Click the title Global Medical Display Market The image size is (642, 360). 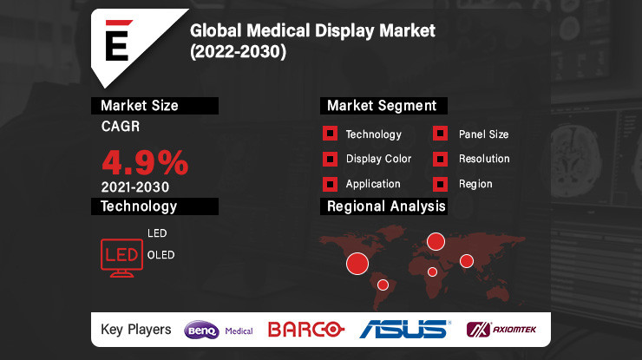coord(312,31)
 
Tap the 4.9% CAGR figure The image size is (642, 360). coord(145,162)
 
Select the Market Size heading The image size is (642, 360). coord(140,106)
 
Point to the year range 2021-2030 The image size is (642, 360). coord(134,187)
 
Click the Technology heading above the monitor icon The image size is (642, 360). coord(139,206)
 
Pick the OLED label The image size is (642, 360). coord(160,255)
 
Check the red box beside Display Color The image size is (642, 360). coord(330,159)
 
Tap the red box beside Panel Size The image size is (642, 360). coord(441,134)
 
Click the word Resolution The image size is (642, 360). coord(484,159)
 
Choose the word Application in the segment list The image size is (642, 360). coord(373,184)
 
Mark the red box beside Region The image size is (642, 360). coord(441,184)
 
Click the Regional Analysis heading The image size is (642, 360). coord(386,206)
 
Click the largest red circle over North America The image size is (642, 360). coord(357,262)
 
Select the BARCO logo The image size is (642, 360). coord(306,330)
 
